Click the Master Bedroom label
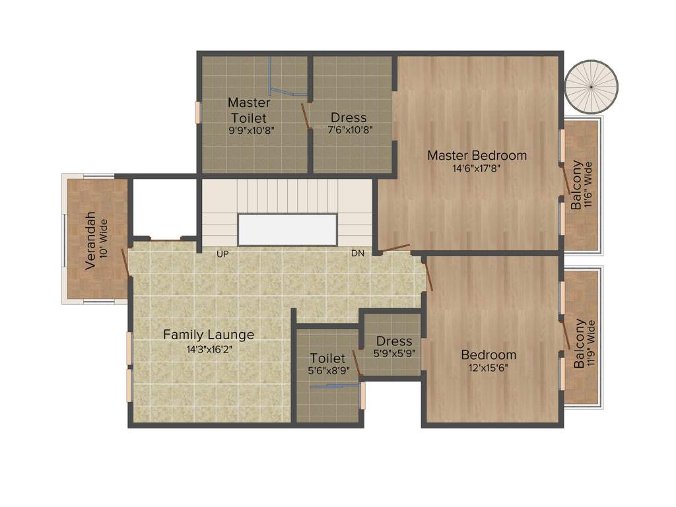(477, 156)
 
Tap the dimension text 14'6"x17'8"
(477, 168)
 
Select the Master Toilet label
(249, 110)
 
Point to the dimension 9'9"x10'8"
(251, 130)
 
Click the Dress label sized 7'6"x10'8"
(349, 118)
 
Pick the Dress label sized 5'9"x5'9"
(393, 341)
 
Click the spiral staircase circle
(592, 87)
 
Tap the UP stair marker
(222, 253)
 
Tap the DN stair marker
(357, 253)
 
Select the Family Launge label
(209, 335)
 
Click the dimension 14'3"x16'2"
(209, 349)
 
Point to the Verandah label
(91, 240)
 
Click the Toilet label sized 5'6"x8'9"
(327, 358)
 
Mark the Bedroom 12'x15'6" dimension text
(488, 368)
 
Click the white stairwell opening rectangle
(287, 230)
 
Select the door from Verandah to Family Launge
(124, 263)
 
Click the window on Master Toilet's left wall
(197, 112)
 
